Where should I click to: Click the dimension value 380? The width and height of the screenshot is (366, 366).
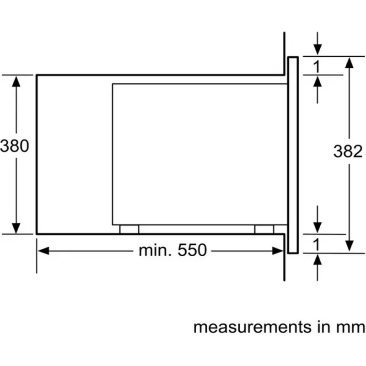[x=15, y=146]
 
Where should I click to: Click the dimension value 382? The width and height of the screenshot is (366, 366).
[x=348, y=151]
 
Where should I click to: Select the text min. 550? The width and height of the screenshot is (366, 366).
[x=173, y=250]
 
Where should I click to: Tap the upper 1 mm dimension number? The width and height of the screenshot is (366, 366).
[x=316, y=67]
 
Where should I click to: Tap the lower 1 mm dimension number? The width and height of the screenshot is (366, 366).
[x=316, y=245]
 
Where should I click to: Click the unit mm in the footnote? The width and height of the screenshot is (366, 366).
[x=352, y=327]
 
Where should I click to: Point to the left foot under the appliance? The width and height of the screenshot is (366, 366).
[x=129, y=229]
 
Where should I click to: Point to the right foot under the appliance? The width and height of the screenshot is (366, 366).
[x=265, y=229]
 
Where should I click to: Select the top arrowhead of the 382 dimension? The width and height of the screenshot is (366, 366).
[x=349, y=63]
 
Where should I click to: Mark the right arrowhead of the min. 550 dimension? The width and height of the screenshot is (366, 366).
[x=279, y=250]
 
